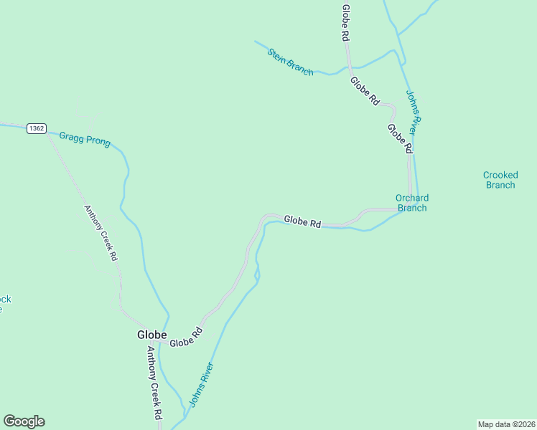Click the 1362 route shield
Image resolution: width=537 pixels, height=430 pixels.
tap(37, 128)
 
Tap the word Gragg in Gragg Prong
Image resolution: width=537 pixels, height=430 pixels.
tap(72, 136)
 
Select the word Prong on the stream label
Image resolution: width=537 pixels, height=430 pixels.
tap(98, 142)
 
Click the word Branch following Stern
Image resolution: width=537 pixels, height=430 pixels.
tap(300, 68)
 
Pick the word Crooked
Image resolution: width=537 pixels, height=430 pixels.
tap(500, 175)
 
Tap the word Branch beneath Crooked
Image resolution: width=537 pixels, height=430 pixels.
tap(500, 185)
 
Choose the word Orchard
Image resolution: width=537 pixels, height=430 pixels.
tap(412, 198)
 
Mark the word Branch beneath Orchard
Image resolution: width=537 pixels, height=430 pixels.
tap(412, 208)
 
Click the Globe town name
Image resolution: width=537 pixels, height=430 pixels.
tap(152, 335)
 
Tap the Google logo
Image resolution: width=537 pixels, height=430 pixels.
tap(24, 421)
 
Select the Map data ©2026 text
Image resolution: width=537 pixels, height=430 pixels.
tap(506, 424)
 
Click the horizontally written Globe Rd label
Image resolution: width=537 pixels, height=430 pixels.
tap(302, 221)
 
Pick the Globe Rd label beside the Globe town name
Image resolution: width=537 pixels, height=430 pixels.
tap(187, 338)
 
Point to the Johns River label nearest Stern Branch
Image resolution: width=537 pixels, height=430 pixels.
tap(411, 110)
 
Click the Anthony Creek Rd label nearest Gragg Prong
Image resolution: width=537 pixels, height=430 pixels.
tap(101, 233)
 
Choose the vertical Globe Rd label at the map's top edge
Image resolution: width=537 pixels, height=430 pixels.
tap(346, 22)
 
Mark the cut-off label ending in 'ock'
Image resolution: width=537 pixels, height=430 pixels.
tap(5, 300)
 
